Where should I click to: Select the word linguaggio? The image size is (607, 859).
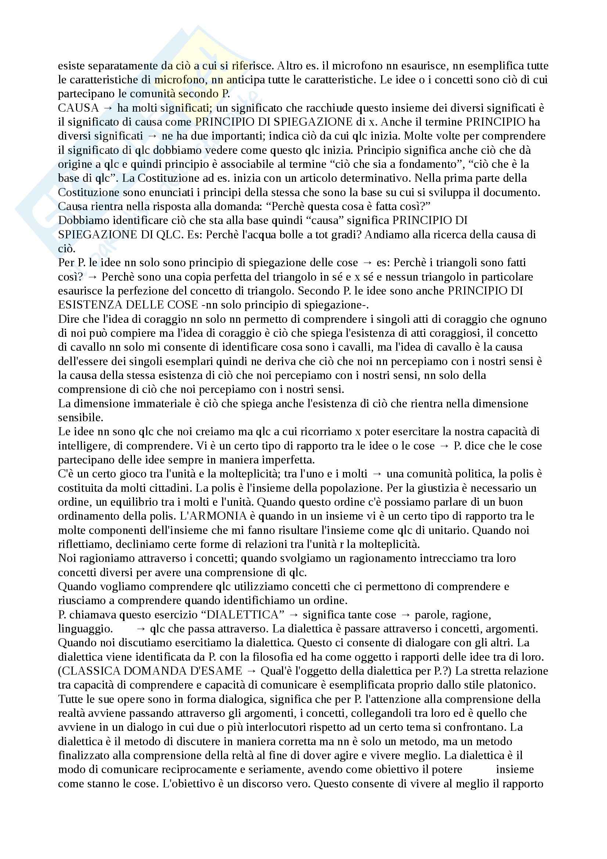(85, 629)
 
